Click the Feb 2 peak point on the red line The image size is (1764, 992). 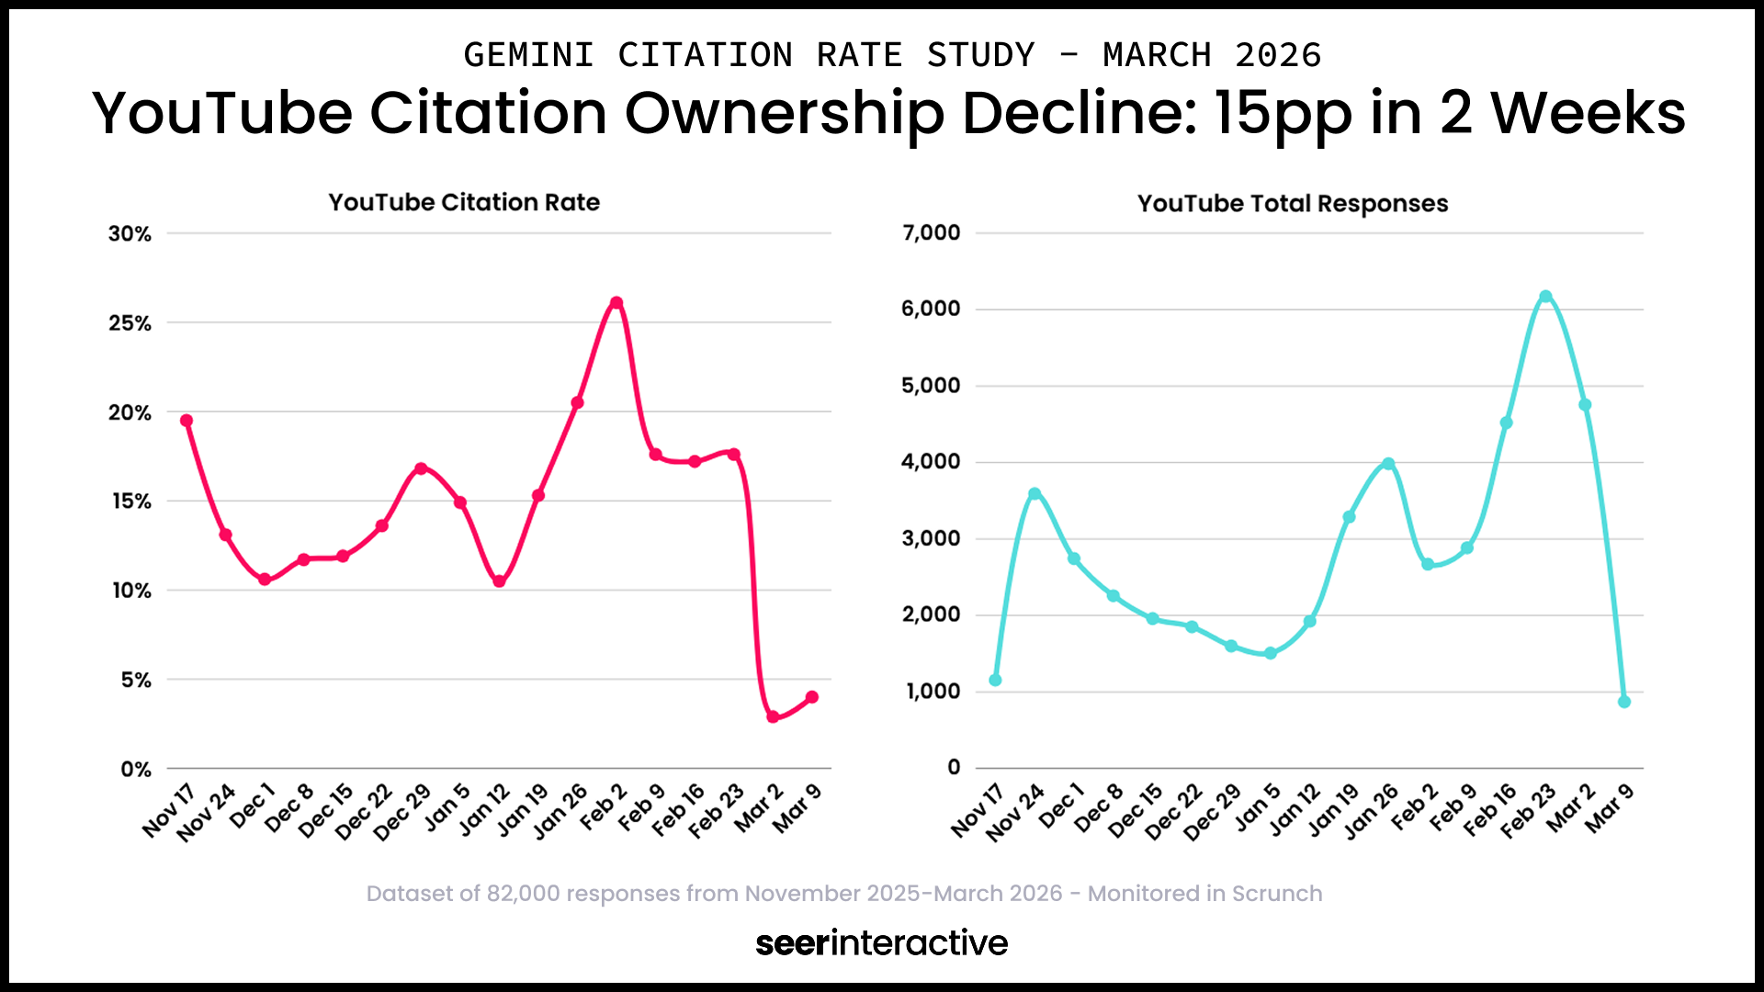point(616,303)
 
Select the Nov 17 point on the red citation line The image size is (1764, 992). point(187,421)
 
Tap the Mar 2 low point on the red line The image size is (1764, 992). point(773,716)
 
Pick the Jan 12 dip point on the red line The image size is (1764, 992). point(499,581)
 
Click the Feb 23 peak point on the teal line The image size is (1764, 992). point(1545,297)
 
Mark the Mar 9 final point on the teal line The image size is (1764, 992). point(1624,702)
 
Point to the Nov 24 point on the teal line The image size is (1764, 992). point(1035,494)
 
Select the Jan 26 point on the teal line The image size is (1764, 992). point(1388,464)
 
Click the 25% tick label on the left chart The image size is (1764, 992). point(130,323)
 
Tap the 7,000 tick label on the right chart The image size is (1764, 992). point(931,233)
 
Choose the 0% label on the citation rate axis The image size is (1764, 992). point(135,770)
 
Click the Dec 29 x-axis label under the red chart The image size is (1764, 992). point(401,812)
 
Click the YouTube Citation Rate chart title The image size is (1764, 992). point(464,202)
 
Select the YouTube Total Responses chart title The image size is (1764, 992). point(1293,203)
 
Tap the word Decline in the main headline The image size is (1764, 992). point(1080,113)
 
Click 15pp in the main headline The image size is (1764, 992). point(1283,113)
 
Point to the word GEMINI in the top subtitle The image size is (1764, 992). point(528,55)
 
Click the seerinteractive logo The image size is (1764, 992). point(881,942)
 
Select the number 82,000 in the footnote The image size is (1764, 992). point(523,894)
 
